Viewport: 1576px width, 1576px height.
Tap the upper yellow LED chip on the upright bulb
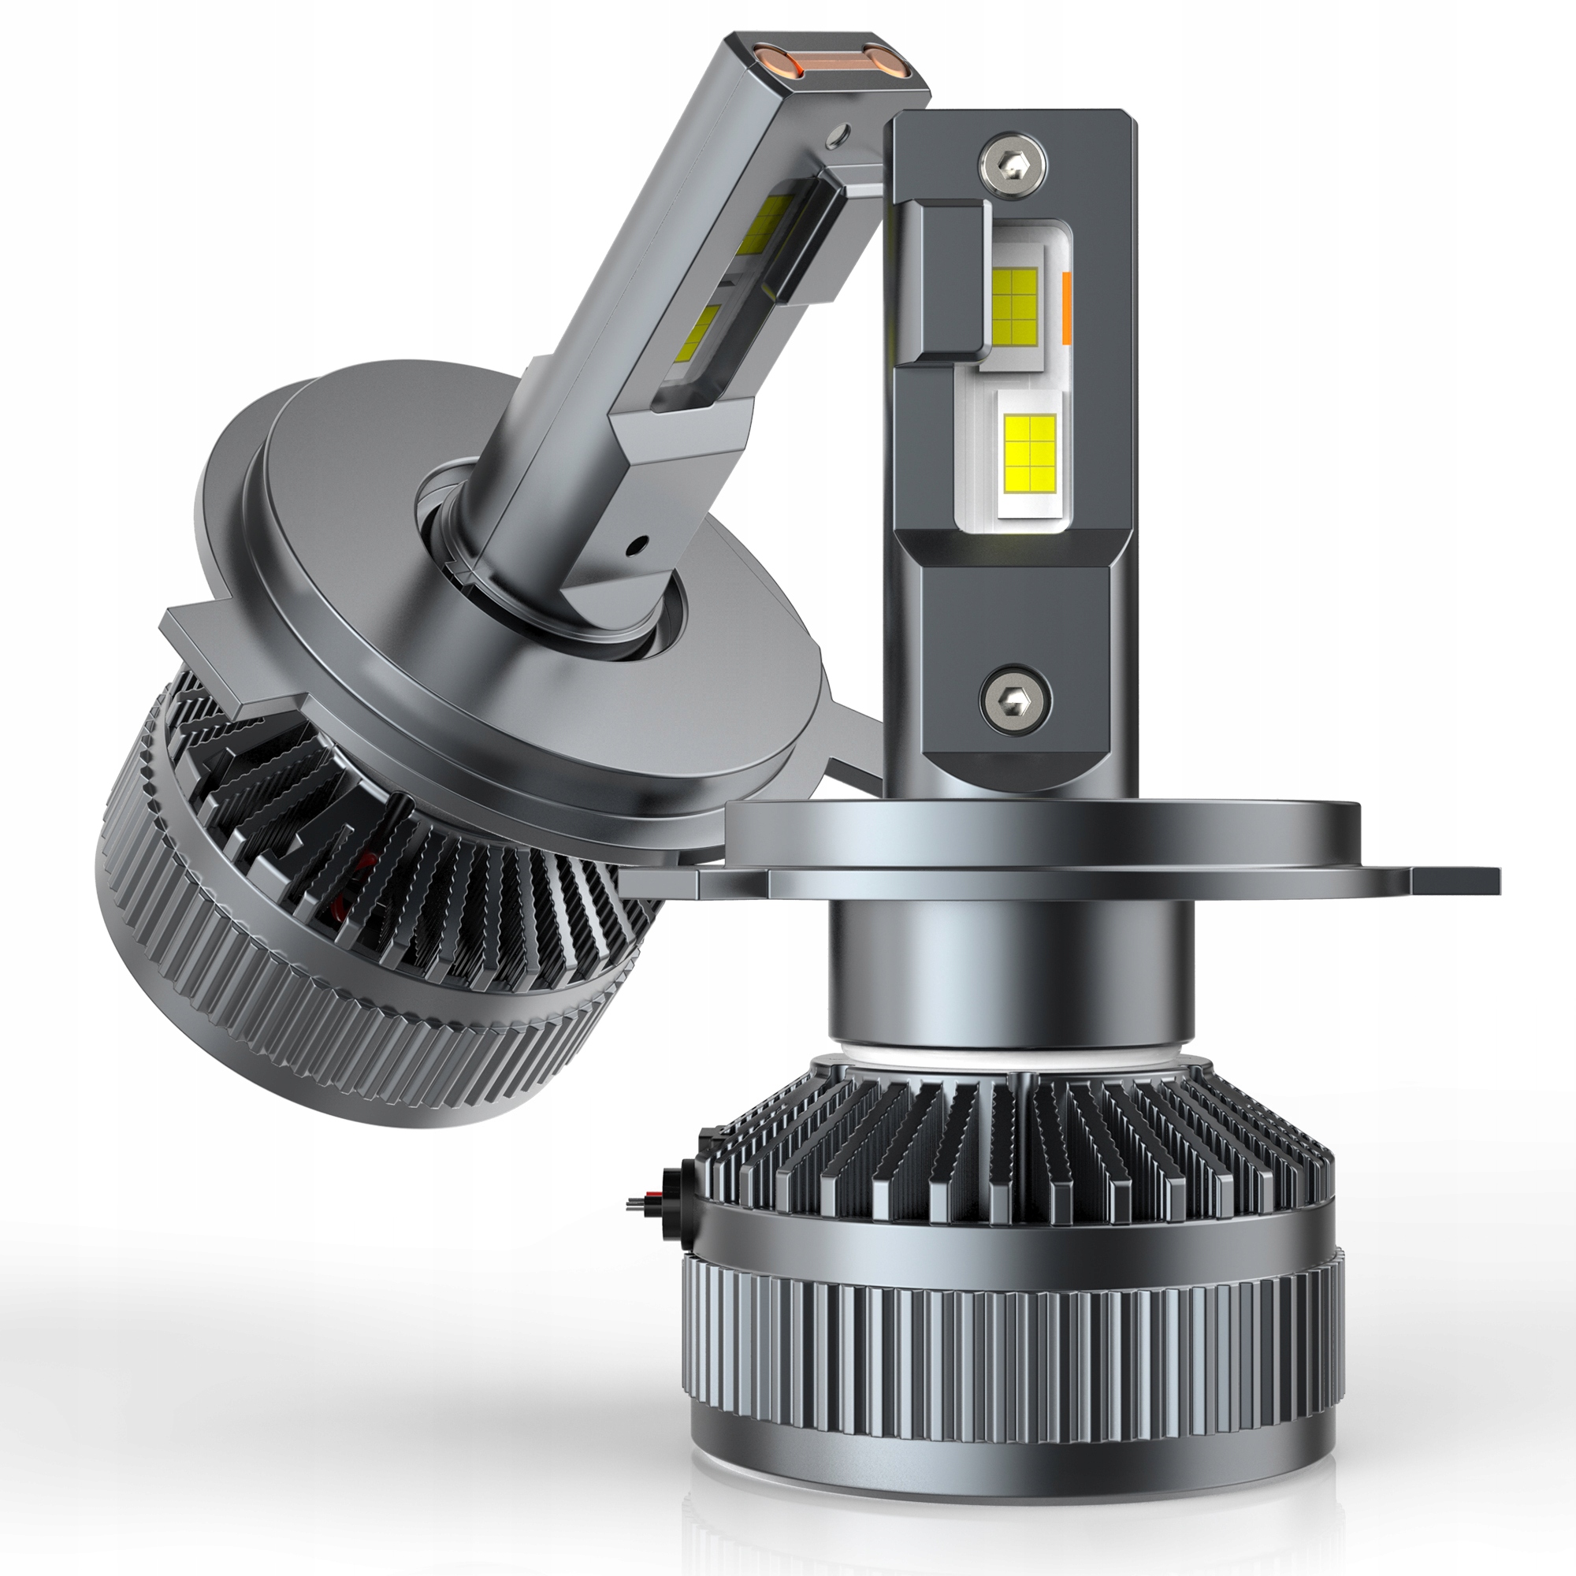click(1015, 304)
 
